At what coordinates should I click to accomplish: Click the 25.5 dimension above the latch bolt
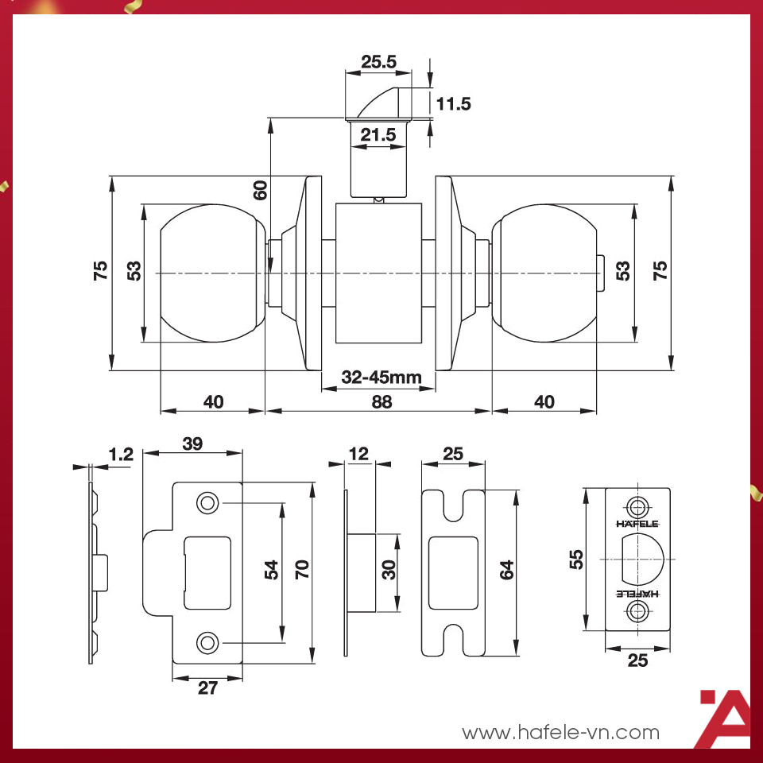point(378,62)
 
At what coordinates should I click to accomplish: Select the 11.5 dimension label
point(454,103)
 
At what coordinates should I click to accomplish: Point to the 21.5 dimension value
point(378,135)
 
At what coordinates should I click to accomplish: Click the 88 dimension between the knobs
point(381,401)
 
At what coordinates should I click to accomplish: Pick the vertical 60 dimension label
point(260,189)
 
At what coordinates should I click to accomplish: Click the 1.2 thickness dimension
point(121,455)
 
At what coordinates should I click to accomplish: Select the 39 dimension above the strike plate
point(192,444)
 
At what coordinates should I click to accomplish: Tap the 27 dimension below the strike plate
point(207,688)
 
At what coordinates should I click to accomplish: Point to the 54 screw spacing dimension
point(272,570)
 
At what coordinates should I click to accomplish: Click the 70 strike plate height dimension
point(302,570)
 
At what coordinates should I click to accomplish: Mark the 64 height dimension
point(506,570)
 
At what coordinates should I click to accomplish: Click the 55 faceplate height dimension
point(577,559)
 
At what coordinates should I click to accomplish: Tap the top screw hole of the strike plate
point(207,503)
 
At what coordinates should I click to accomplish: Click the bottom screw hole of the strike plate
point(207,641)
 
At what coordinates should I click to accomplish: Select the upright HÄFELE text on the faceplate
point(637,524)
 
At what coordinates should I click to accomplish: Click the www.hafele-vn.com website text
point(561,732)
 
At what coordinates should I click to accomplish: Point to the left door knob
point(211,273)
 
